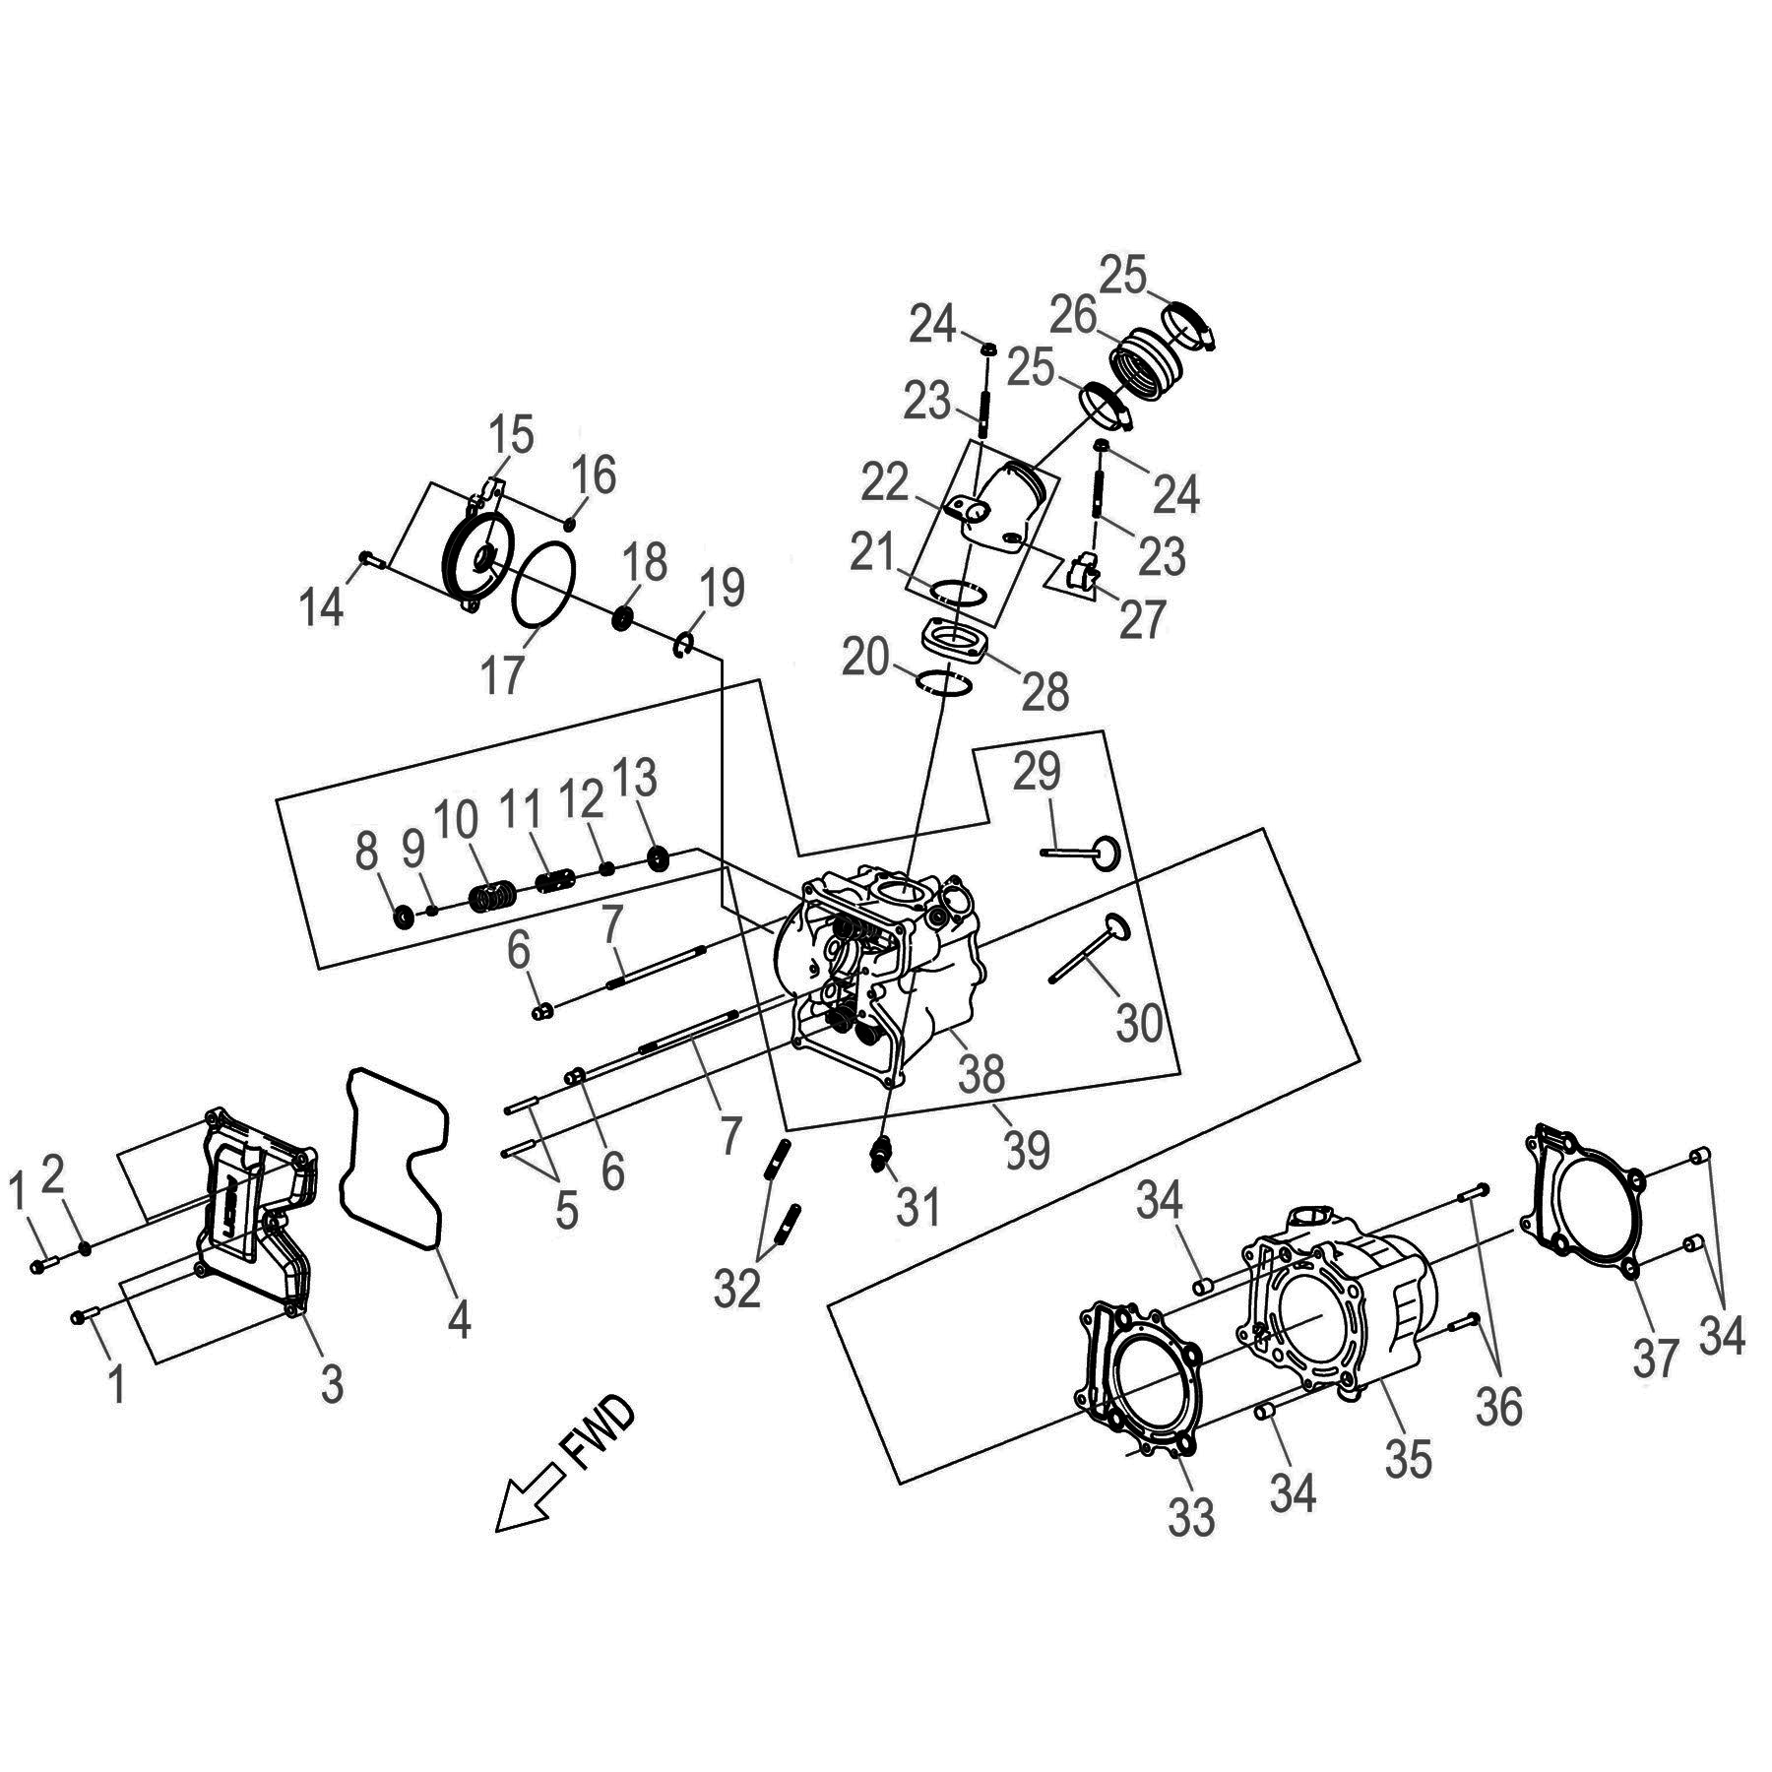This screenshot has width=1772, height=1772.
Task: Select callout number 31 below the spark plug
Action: pos(918,1207)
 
